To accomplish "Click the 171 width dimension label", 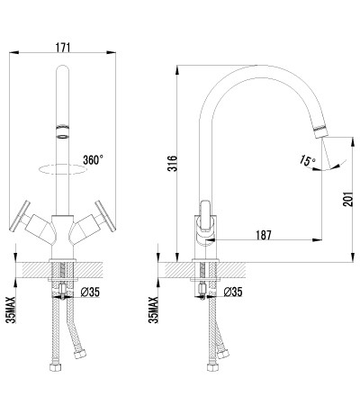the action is [x=63, y=47].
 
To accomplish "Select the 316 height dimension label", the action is [x=173, y=163].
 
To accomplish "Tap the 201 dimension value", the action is [x=348, y=199].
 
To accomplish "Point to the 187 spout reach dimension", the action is [x=264, y=235].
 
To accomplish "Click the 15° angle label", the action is [x=307, y=161].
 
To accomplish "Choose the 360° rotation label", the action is [x=94, y=160].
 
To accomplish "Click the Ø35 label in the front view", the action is [x=90, y=292].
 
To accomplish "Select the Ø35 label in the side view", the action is [x=233, y=292].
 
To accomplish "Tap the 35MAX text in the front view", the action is [x=12, y=310].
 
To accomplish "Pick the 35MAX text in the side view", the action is [x=154, y=310].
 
